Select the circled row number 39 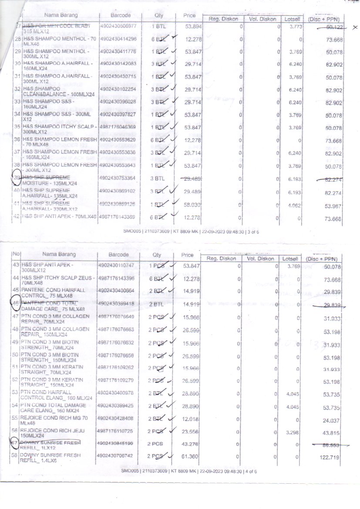click(18, 178)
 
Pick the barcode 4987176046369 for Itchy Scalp click(118, 127)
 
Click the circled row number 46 click(17, 303)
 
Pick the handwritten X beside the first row click(355, 27)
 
